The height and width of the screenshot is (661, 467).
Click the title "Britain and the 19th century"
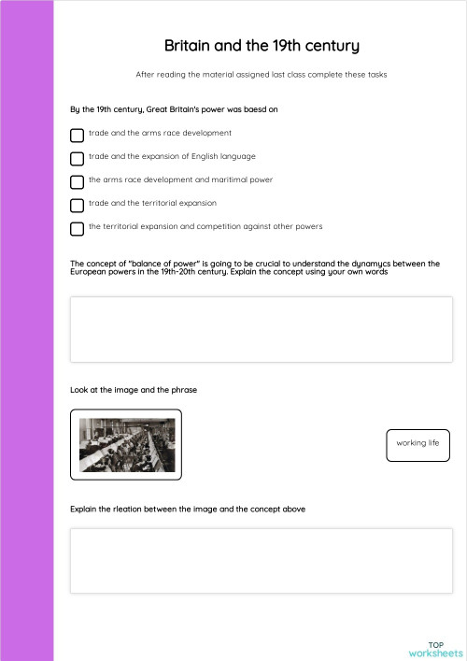[262, 46]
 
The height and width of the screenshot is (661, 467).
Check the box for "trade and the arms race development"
[77, 135]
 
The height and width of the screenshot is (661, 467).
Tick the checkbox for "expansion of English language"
[77, 158]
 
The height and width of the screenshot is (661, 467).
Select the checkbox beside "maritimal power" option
[77, 181]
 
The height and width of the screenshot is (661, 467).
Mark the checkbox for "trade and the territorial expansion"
[77, 205]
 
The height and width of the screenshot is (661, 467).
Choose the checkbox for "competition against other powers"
[77, 228]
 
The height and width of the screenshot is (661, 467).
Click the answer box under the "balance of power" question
[262, 329]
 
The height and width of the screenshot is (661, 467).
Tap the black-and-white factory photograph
[125, 444]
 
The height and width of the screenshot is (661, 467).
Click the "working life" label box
[417, 443]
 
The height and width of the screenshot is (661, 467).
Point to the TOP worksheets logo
[436, 649]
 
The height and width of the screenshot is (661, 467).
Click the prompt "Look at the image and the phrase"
[133, 389]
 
